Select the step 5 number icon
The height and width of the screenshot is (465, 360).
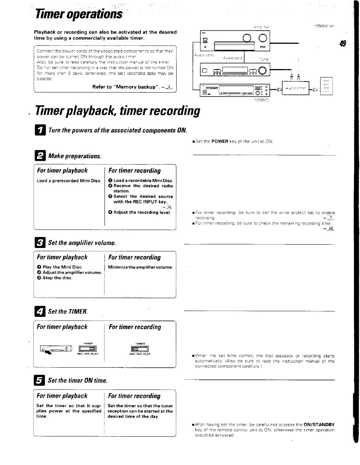(x=40, y=380)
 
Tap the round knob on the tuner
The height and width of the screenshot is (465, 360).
(x=262, y=69)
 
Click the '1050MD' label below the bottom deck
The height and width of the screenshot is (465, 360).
(x=262, y=101)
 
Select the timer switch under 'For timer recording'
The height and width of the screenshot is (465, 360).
(x=140, y=348)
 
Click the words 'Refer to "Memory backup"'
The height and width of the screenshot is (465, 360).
(x=124, y=87)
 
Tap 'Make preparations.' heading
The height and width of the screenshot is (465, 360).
(x=75, y=156)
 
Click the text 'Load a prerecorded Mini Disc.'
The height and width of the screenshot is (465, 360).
(x=69, y=181)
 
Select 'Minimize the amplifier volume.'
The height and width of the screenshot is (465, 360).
(x=140, y=267)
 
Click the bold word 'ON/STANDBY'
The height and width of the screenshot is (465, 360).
(x=319, y=425)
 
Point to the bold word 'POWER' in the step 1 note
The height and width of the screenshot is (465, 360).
(x=220, y=142)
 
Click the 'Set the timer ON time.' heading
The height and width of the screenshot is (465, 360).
(x=77, y=380)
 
